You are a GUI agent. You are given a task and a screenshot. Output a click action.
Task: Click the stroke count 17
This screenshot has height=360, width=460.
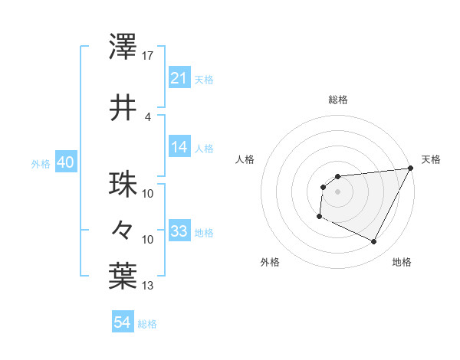[148, 56]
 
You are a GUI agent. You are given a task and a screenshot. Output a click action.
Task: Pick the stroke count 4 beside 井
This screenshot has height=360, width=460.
[148, 116]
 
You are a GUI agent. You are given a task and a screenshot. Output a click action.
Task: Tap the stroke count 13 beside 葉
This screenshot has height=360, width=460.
[148, 286]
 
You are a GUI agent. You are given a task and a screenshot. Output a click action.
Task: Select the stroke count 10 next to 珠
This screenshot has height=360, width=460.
[148, 193]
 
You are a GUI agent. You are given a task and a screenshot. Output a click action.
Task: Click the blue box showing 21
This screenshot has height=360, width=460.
[179, 78]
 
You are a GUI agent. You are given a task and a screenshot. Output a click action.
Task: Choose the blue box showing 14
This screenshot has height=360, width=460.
[179, 148]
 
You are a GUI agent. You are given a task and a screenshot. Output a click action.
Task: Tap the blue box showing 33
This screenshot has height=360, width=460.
[179, 231]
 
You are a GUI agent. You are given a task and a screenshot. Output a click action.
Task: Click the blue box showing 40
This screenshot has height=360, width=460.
[65, 162]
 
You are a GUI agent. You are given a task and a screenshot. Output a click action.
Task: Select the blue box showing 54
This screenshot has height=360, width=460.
[122, 322]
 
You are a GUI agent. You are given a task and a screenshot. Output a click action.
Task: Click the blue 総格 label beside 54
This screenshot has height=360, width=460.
[147, 324]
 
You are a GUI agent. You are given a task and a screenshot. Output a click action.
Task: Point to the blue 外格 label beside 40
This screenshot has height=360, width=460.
[41, 163]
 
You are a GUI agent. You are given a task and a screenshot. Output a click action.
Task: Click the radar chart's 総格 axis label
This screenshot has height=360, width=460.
[337, 100]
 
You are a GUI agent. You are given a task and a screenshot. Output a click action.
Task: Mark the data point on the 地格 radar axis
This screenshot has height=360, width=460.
[374, 242]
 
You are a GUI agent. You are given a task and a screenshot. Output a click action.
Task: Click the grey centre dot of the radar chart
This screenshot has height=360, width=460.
[337, 191]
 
